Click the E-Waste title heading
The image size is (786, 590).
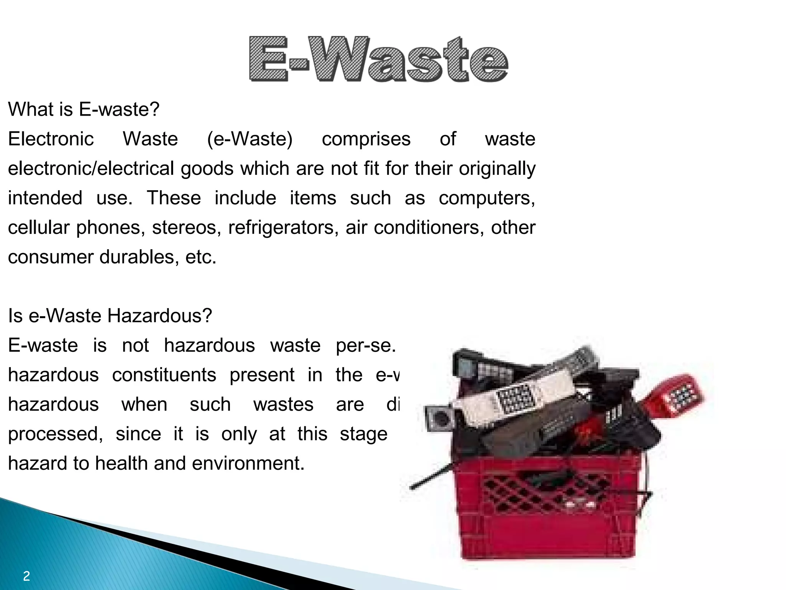pos(378,59)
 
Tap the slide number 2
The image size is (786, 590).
pos(26,576)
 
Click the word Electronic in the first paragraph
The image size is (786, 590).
pos(51,139)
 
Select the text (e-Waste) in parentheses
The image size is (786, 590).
pos(250,139)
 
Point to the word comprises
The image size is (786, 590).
pos(366,139)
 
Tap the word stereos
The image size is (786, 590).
pos(187,227)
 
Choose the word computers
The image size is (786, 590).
pos(487,198)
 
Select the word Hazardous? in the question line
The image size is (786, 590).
pos(159,316)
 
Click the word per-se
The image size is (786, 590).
pos(365,345)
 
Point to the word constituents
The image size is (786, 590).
pos(164,375)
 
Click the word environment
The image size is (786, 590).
pos(248,463)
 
